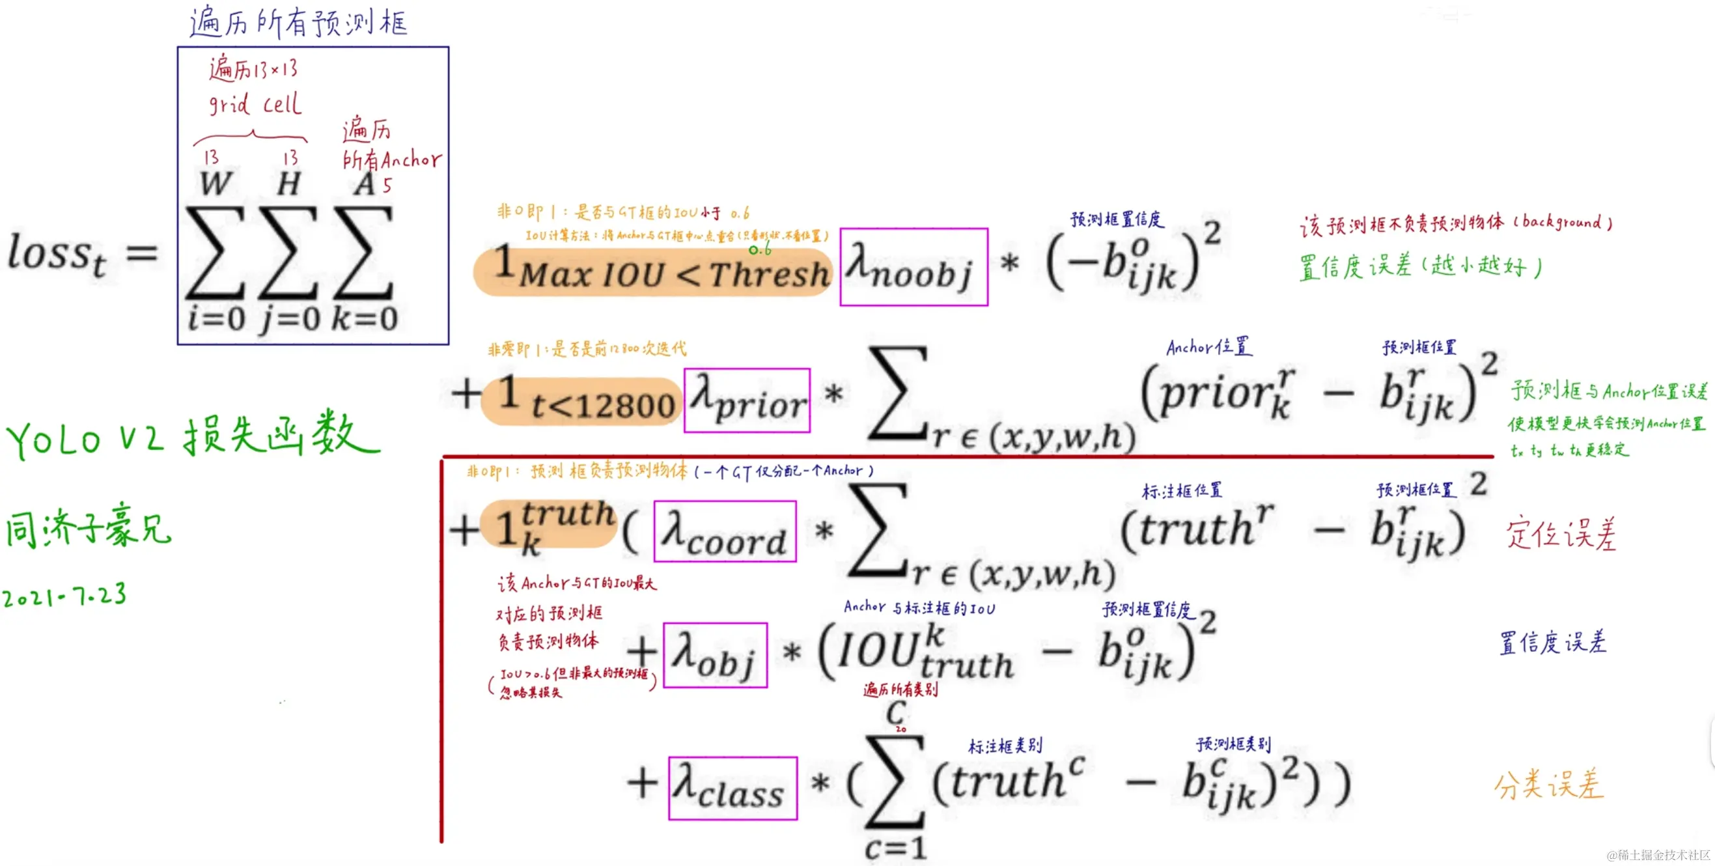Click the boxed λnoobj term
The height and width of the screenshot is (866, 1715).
coord(913,267)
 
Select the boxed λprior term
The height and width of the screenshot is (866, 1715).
coord(747,400)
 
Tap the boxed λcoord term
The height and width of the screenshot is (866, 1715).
coord(725,531)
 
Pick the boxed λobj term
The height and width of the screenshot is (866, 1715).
coord(715,655)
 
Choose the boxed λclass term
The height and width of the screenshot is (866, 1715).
coord(732,788)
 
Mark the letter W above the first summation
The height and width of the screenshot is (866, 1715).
coord(216,184)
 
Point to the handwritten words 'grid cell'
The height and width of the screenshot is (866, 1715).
coord(255,104)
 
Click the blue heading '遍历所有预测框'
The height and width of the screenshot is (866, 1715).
coord(298,23)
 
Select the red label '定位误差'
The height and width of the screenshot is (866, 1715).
coord(1561,534)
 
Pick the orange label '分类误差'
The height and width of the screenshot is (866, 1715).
coord(1548,784)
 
